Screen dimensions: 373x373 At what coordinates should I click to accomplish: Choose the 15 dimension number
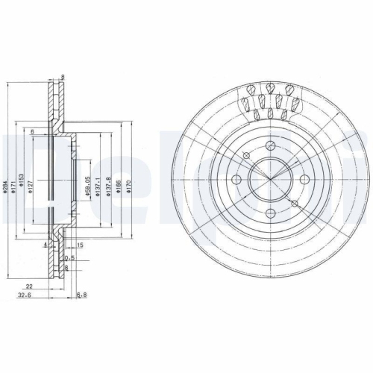(x=79, y=245)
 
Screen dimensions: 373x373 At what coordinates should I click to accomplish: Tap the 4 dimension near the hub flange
(x=46, y=244)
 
